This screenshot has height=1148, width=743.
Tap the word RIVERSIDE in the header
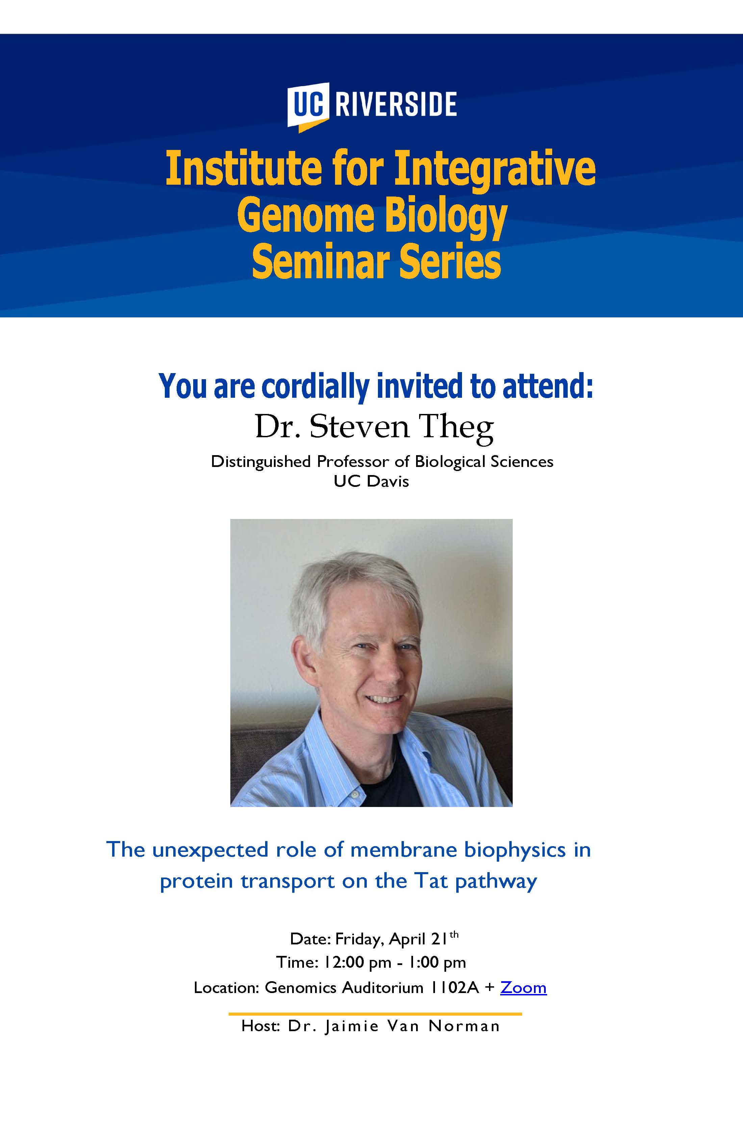click(395, 104)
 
